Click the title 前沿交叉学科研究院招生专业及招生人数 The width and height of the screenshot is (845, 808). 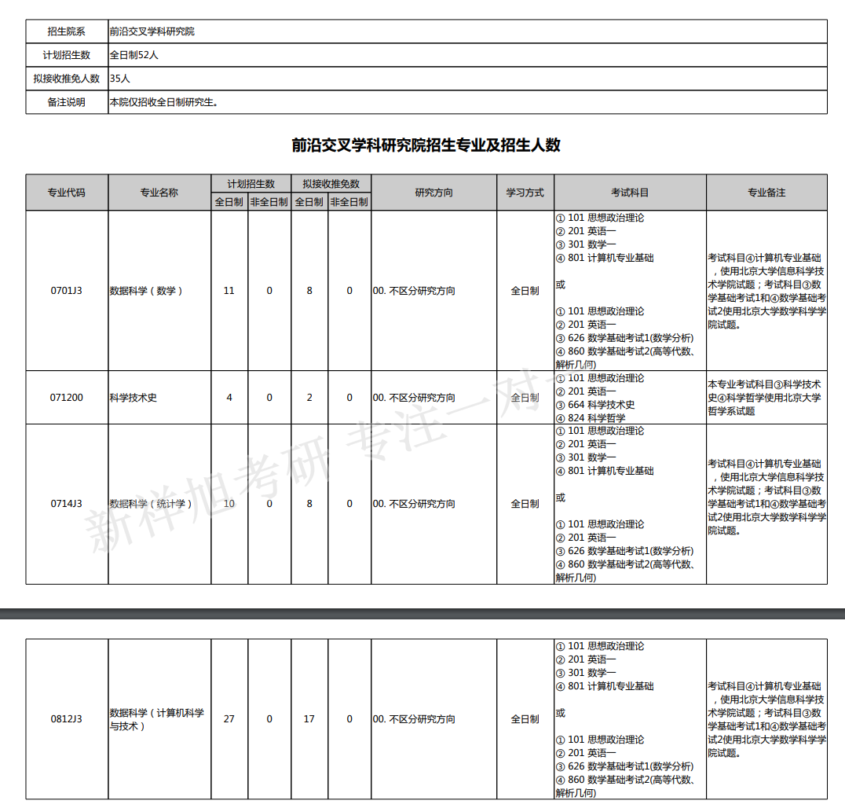[426, 145]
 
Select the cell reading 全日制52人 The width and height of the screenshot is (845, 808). [134, 55]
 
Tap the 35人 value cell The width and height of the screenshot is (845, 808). [120, 79]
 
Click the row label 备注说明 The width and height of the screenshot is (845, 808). [67, 102]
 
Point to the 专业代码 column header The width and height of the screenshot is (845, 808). [67, 193]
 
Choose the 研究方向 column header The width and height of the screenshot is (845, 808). [433, 193]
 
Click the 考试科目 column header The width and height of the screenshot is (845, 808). [630, 193]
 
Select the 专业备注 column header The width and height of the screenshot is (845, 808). [766, 193]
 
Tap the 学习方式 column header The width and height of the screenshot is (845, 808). [525, 193]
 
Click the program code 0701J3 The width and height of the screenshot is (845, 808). [67, 291]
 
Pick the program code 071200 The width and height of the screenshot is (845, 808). [67, 398]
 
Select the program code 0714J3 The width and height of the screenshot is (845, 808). [67, 504]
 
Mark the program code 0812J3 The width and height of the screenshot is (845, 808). [67, 719]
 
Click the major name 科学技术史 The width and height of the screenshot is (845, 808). [134, 398]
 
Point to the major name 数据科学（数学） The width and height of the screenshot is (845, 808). [146, 291]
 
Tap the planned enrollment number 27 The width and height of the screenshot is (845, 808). [229, 719]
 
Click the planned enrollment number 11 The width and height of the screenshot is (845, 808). [229, 291]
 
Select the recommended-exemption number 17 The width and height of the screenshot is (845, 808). [309, 719]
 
